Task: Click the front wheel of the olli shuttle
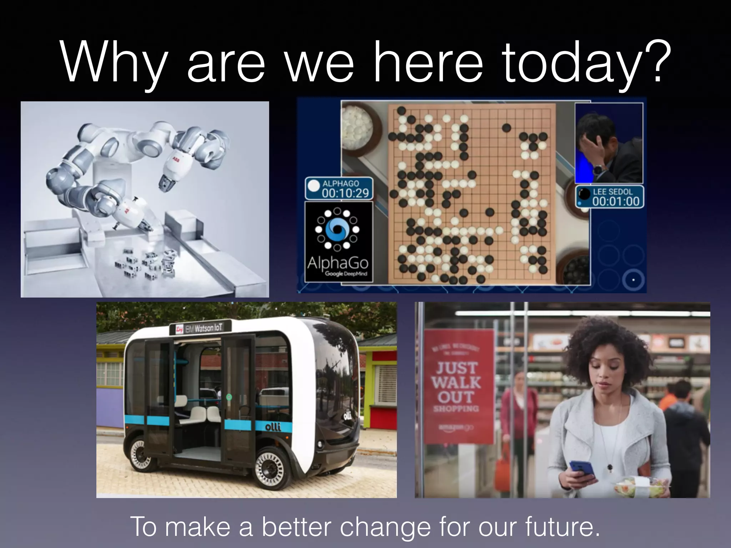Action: pos(270,468)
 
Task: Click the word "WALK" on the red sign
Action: pos(456,382)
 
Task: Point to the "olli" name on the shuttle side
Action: pos(273,427)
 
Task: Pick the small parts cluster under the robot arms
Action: pos(146,264)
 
